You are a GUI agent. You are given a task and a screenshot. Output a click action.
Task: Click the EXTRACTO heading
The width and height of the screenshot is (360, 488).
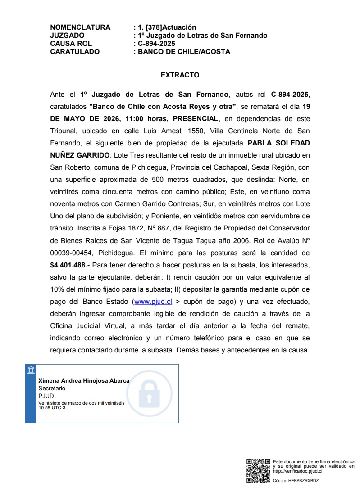pyautogui.click(x=180, y=75)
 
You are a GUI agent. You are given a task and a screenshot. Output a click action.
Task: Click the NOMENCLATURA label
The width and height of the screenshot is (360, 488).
pyautogui.click(x=80, y=27)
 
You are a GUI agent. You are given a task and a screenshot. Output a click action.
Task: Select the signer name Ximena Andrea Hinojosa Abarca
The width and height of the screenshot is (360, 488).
pyautogui.click(x=84, y=380)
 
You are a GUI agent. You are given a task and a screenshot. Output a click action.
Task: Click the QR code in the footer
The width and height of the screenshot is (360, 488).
pyautogui.click(x=259, y=471)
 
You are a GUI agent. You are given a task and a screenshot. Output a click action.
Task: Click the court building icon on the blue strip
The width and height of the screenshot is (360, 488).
pyautogui.click(x=31, y=370)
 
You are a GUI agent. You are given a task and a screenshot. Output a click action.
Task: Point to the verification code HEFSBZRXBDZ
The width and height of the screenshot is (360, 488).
pyautogui.click(x=305, y=481)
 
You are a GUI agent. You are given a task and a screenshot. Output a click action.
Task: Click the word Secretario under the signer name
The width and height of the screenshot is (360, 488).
pyautogui.click(x=52, y=388)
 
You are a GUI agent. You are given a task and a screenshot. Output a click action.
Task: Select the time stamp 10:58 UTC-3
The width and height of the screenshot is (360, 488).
pyautogui.click(x=52, y=408)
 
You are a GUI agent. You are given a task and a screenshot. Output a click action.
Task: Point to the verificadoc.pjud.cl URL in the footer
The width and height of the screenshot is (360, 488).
pyautogui.click(x=297, y=471)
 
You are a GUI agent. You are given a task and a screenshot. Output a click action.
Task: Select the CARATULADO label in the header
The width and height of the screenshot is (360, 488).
pyautogui.click(x=75, y=52)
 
